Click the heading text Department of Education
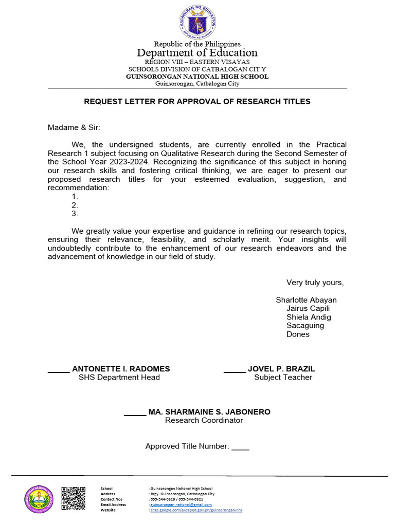197,53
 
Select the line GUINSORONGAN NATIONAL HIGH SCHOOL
197,77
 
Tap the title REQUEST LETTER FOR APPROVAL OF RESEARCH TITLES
197,102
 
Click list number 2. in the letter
75,205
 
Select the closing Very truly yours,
315,283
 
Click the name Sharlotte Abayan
306,300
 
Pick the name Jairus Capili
308,309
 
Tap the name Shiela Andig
309,317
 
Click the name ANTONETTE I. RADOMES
121,369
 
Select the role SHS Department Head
119,378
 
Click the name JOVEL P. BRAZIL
281,369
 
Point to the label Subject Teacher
283,378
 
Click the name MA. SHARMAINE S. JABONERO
209,412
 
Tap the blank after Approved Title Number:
240,447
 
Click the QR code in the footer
73,498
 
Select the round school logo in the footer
39,499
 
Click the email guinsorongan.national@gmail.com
181,505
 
